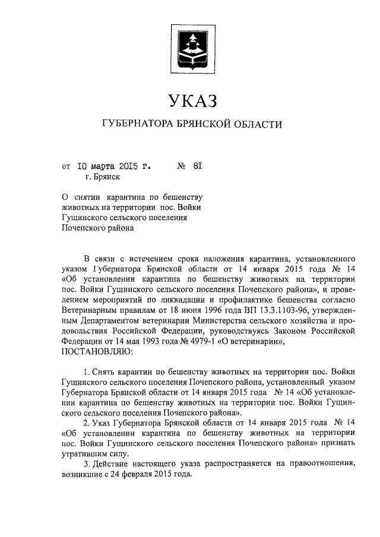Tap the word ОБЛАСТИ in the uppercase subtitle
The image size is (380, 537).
[254, 124]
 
